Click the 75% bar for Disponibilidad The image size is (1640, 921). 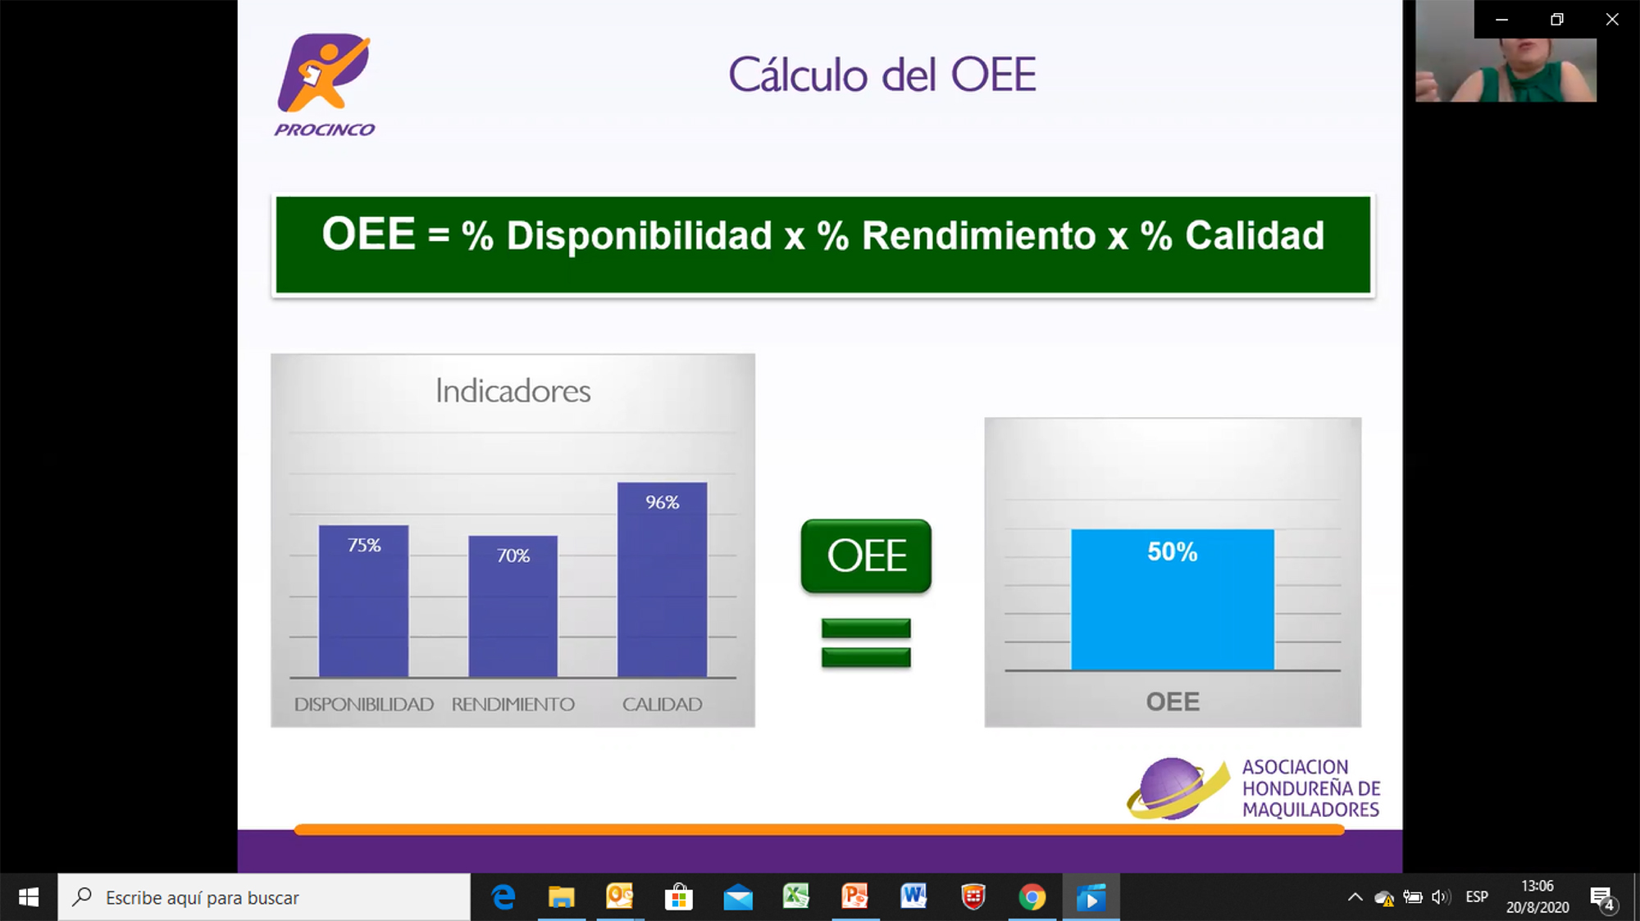(363, 601)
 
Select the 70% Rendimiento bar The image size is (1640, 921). (512, 606)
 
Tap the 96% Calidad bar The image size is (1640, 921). (662, 580)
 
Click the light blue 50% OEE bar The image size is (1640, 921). (1173, 600)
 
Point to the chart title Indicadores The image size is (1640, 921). (512, 391)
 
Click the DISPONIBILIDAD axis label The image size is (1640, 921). (363, 705)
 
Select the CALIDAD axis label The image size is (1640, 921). (662, 705)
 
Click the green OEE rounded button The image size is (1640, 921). (866, 556)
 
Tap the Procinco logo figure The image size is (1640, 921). (324, 74)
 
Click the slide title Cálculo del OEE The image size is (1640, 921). (882, 75)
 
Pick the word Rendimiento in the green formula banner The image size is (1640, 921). (978, 236)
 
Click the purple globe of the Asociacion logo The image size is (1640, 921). (1173, 787)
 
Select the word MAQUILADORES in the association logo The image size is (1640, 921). (1310, 810)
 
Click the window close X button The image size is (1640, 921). (1612, 19)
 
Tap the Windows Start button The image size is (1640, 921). (29, 897)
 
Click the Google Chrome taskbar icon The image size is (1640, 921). (1032, 897)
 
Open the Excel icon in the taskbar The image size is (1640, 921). (795, 896)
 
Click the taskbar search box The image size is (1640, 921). (264, 897)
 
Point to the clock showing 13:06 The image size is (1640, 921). (1537, 886)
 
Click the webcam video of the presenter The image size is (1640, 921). (1506, 51)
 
